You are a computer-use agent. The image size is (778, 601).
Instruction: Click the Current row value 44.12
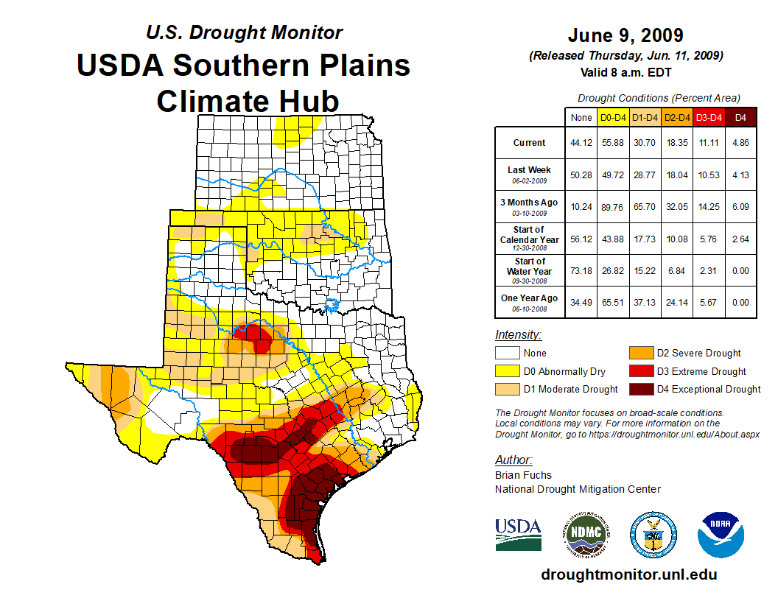pyautogui.click(x=581, y=143)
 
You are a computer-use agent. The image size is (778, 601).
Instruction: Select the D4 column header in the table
pyautogui.click(x=740, y=117)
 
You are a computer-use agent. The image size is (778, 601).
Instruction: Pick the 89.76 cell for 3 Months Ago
pyautogui.click(x=613, y=207)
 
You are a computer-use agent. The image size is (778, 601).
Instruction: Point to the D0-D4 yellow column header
pyautogui.click(x=613, y=117)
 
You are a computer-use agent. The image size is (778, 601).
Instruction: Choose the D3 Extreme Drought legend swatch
pyautogui.click(x=639, y=371)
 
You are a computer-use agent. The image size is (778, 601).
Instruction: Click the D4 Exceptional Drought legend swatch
pyautogui.click(x=639, y=389)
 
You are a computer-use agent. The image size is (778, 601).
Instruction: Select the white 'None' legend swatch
pyautogui.click(x=506, y=354)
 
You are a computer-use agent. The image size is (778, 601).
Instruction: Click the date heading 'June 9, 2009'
pyautogui.click(x=625, y=35)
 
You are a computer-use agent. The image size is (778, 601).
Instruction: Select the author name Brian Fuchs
pyautogui.click(x=523, y=475)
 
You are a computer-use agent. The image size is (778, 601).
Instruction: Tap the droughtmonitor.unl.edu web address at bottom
pyautogui.click(x=628, y=574)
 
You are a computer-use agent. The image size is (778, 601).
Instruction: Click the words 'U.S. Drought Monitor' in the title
pyautogui.click(x=244, y=33)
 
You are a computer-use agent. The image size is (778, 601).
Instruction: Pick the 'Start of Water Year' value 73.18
pyautogui.click(x=581, y=270)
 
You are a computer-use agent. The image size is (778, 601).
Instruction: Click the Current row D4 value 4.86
pyautogui.click(x=740, y=143)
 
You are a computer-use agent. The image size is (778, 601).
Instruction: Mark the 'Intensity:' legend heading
pyautogui.click(x=518, y=335)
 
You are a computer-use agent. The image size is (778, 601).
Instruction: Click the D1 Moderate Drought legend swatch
pyautogui.click(x=506, y=389)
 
